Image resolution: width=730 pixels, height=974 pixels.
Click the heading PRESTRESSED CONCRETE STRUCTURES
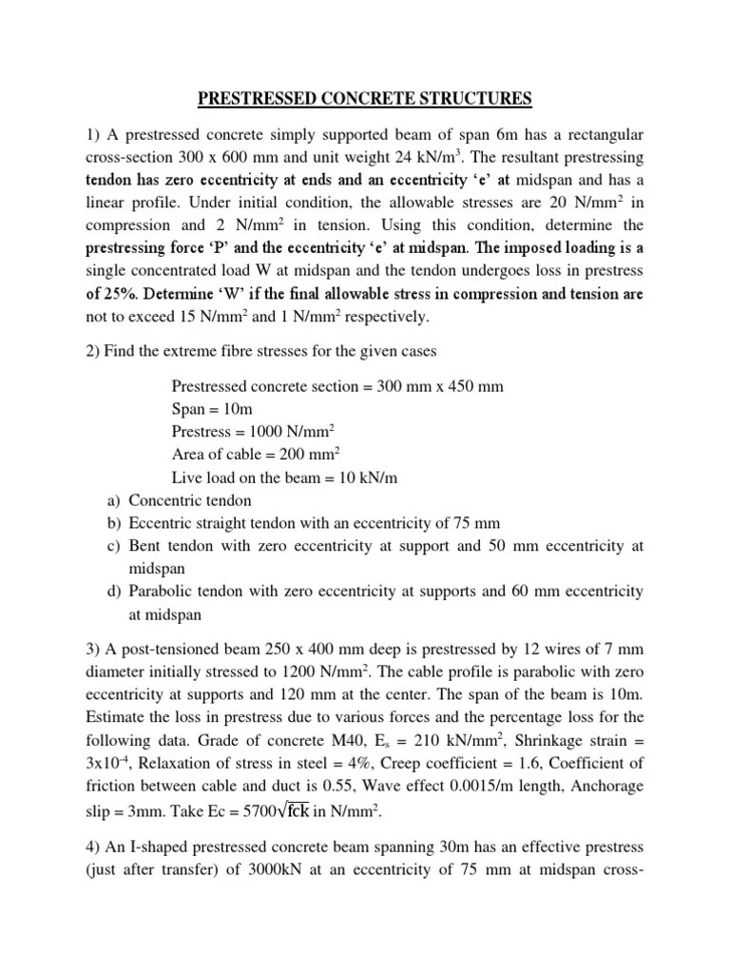coord(365,98)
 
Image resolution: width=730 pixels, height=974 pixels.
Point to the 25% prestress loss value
coord(119,294)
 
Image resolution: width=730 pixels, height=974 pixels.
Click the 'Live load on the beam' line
coord(284,477)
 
